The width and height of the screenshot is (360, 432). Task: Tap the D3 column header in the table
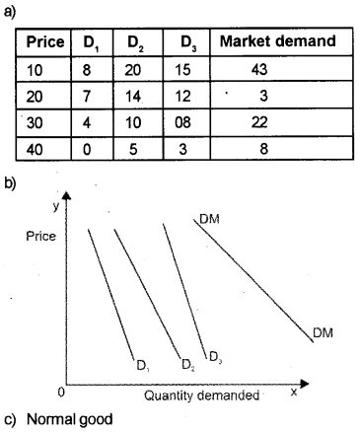tap(187, 43)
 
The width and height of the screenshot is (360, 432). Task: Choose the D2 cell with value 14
tap(134, 99)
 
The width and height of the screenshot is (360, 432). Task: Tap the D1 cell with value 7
tap(88, 99)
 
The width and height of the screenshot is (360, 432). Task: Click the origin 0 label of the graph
tap(62, 393)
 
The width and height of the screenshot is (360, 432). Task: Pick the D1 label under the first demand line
tap(143, 366)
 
